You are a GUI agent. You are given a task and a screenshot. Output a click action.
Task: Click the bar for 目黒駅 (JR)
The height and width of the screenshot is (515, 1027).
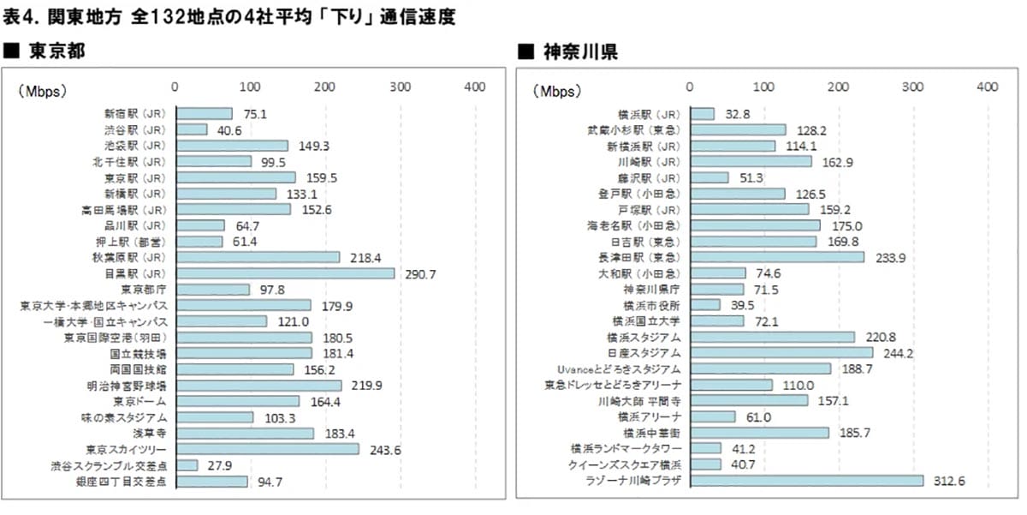tap(285, 272)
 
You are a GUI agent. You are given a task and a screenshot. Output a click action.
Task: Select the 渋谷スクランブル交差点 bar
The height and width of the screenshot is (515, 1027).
tap(187, 465)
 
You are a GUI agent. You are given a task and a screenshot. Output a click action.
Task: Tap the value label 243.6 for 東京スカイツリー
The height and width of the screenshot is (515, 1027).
tap(384, 449)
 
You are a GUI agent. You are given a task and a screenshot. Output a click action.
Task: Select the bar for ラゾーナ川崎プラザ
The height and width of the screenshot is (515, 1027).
tap(806, 481)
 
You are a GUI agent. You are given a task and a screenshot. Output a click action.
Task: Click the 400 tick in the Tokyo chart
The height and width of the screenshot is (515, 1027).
tap(474, 87)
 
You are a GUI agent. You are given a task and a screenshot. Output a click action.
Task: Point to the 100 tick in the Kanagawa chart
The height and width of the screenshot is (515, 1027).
tap(763, 87)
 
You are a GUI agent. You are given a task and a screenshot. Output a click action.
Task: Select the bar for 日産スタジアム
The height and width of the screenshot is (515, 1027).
tap(781, 352)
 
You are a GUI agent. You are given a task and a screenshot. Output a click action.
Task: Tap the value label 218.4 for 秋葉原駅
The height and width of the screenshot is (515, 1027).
tap(365, 257)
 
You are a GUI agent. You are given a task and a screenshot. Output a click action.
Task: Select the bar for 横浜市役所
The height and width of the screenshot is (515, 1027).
tap(705, 304)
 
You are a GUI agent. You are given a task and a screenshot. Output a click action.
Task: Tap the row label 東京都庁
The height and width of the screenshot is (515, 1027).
tap(144, 289)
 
